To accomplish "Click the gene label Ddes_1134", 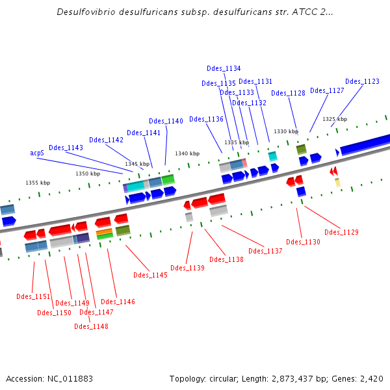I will point(224,68).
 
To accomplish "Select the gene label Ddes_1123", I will point(362,81).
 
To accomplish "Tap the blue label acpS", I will point(37,153).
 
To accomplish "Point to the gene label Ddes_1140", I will point(166,121).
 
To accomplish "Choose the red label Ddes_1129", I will point(341,232).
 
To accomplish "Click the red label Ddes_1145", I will point(150,275).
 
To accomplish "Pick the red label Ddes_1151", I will point(33,296).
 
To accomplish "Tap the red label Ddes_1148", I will point(91,326).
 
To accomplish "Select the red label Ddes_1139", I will point(187,268).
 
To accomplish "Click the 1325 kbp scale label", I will point(335,119).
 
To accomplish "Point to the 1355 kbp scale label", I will point(38,183).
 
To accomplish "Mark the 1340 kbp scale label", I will point(187,153).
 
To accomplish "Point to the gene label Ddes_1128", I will point(288,93).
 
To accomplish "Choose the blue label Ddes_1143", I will point(66,148).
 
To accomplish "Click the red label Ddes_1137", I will point(265,251).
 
